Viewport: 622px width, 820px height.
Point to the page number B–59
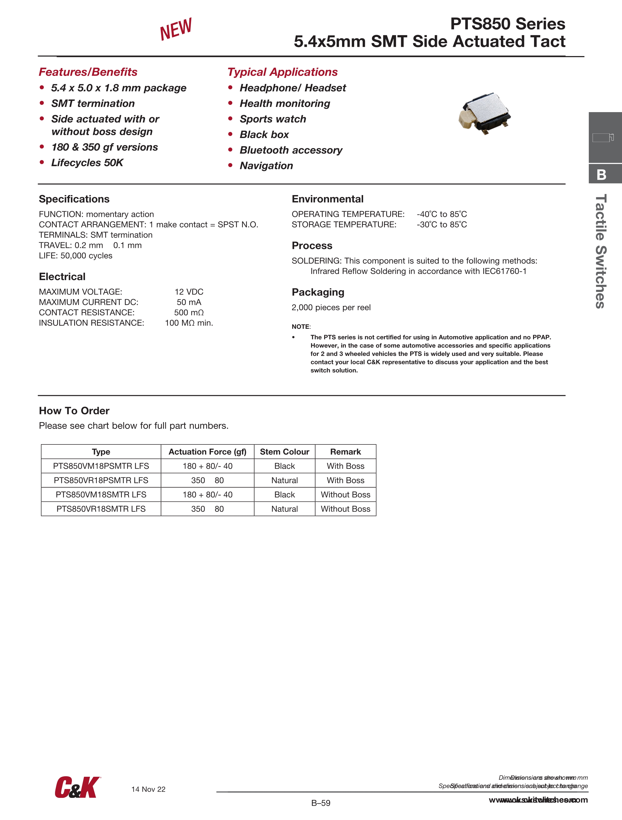click(x=321, y=803)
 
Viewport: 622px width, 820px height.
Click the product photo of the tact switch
click(x=484, y=114)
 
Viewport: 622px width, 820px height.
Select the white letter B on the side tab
click(x=601, y=175)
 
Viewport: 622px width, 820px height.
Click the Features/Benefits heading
click(x=88, y=72)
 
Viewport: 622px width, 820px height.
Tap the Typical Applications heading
click(x=282, y=72)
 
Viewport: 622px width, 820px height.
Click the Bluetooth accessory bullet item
click(x=291, y=150)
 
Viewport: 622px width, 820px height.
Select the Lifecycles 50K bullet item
click(x=87, y=163)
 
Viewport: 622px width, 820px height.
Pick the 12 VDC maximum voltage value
click(x=189, y=292)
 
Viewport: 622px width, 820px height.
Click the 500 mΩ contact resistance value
click(x=189, y=312)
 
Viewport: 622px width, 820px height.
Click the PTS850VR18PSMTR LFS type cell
click(x=101, y=480)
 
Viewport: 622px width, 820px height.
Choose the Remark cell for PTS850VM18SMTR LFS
click(x=346, y=494)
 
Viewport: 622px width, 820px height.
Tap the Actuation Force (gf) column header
click(x=207, y=451)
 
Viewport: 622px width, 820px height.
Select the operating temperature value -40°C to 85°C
click(x=442, y=214)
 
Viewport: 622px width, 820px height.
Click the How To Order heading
click(x=74, y=411)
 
